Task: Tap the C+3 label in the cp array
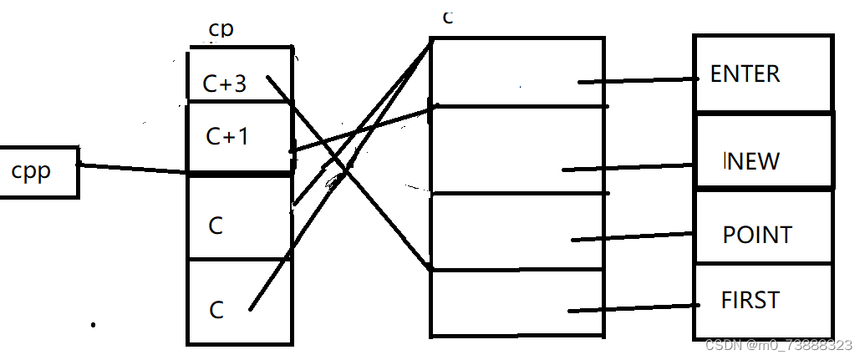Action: click(x=224, y=84)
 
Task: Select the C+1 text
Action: click(x=226, y=135)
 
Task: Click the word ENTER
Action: click(x=745, y=74)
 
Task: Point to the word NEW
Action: click(x=752, y=160)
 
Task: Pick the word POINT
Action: click(x=756, y=235)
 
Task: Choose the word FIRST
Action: click(x=750, y=299)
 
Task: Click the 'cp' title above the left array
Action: click(x=221, y=29)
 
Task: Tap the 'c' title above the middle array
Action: click(x=447, y=18)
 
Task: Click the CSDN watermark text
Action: click(x=778, y=345)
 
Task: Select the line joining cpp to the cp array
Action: click(x=134, y=169)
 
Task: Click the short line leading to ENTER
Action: click(x=639, y=80)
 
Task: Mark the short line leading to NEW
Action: click(x=627, y=167)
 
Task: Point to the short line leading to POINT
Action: click(x=633, y=238)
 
